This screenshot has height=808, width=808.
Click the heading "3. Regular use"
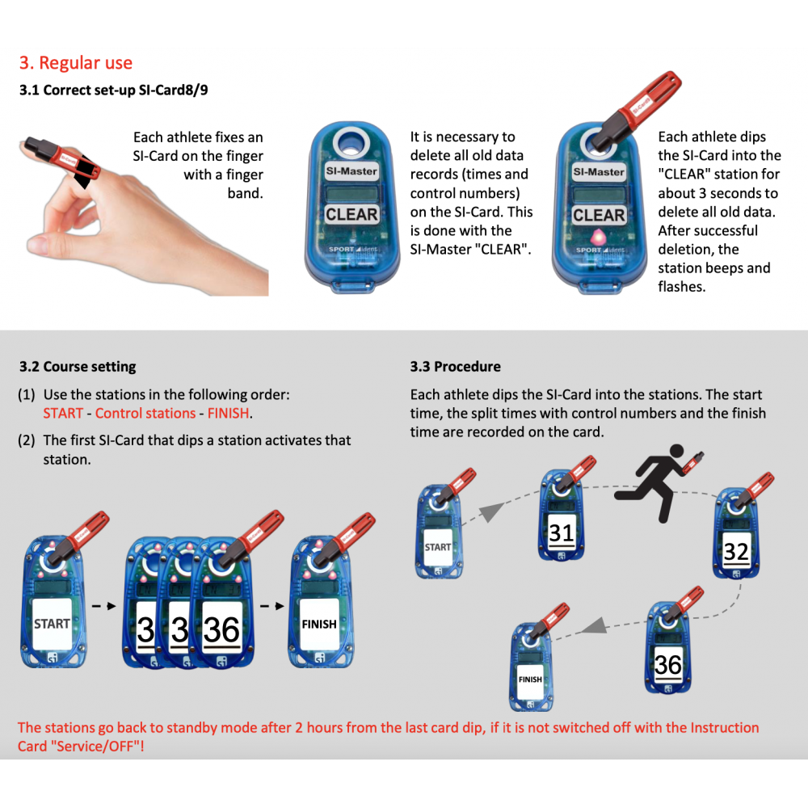tap(76, 63)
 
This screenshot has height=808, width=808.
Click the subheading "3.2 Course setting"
tap(78, 367)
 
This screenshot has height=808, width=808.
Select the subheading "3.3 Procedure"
tap(455, 367)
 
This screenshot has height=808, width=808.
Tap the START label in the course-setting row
tap(52, 624)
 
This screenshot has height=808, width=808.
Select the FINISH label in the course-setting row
tap(319, 624)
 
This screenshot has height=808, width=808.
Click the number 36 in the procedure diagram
tap(668, 665)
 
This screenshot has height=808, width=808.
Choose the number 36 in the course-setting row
tap(221, 629)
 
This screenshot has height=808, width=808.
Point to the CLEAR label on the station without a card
tap(351, 214)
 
